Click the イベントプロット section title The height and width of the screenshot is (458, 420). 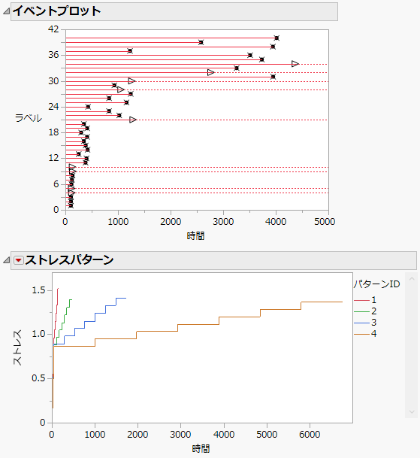coord(56,11)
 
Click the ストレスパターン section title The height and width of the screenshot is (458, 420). coord(69,260)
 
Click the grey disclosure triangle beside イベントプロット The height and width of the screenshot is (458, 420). coord(6,11)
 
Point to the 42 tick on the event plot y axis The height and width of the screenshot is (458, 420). coord(53,29)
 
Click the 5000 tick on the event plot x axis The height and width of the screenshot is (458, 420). coord(325,222)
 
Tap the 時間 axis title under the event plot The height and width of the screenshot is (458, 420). coord(195,235)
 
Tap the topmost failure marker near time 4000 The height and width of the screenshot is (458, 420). coord(276,38)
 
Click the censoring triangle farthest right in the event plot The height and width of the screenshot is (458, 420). coord(295,64)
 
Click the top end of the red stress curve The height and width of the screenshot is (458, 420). coord(57,288)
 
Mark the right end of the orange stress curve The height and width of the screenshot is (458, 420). coord(342,302)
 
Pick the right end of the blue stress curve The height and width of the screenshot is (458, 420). coord(125,298)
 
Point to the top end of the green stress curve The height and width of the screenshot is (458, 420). coord(71,299)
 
